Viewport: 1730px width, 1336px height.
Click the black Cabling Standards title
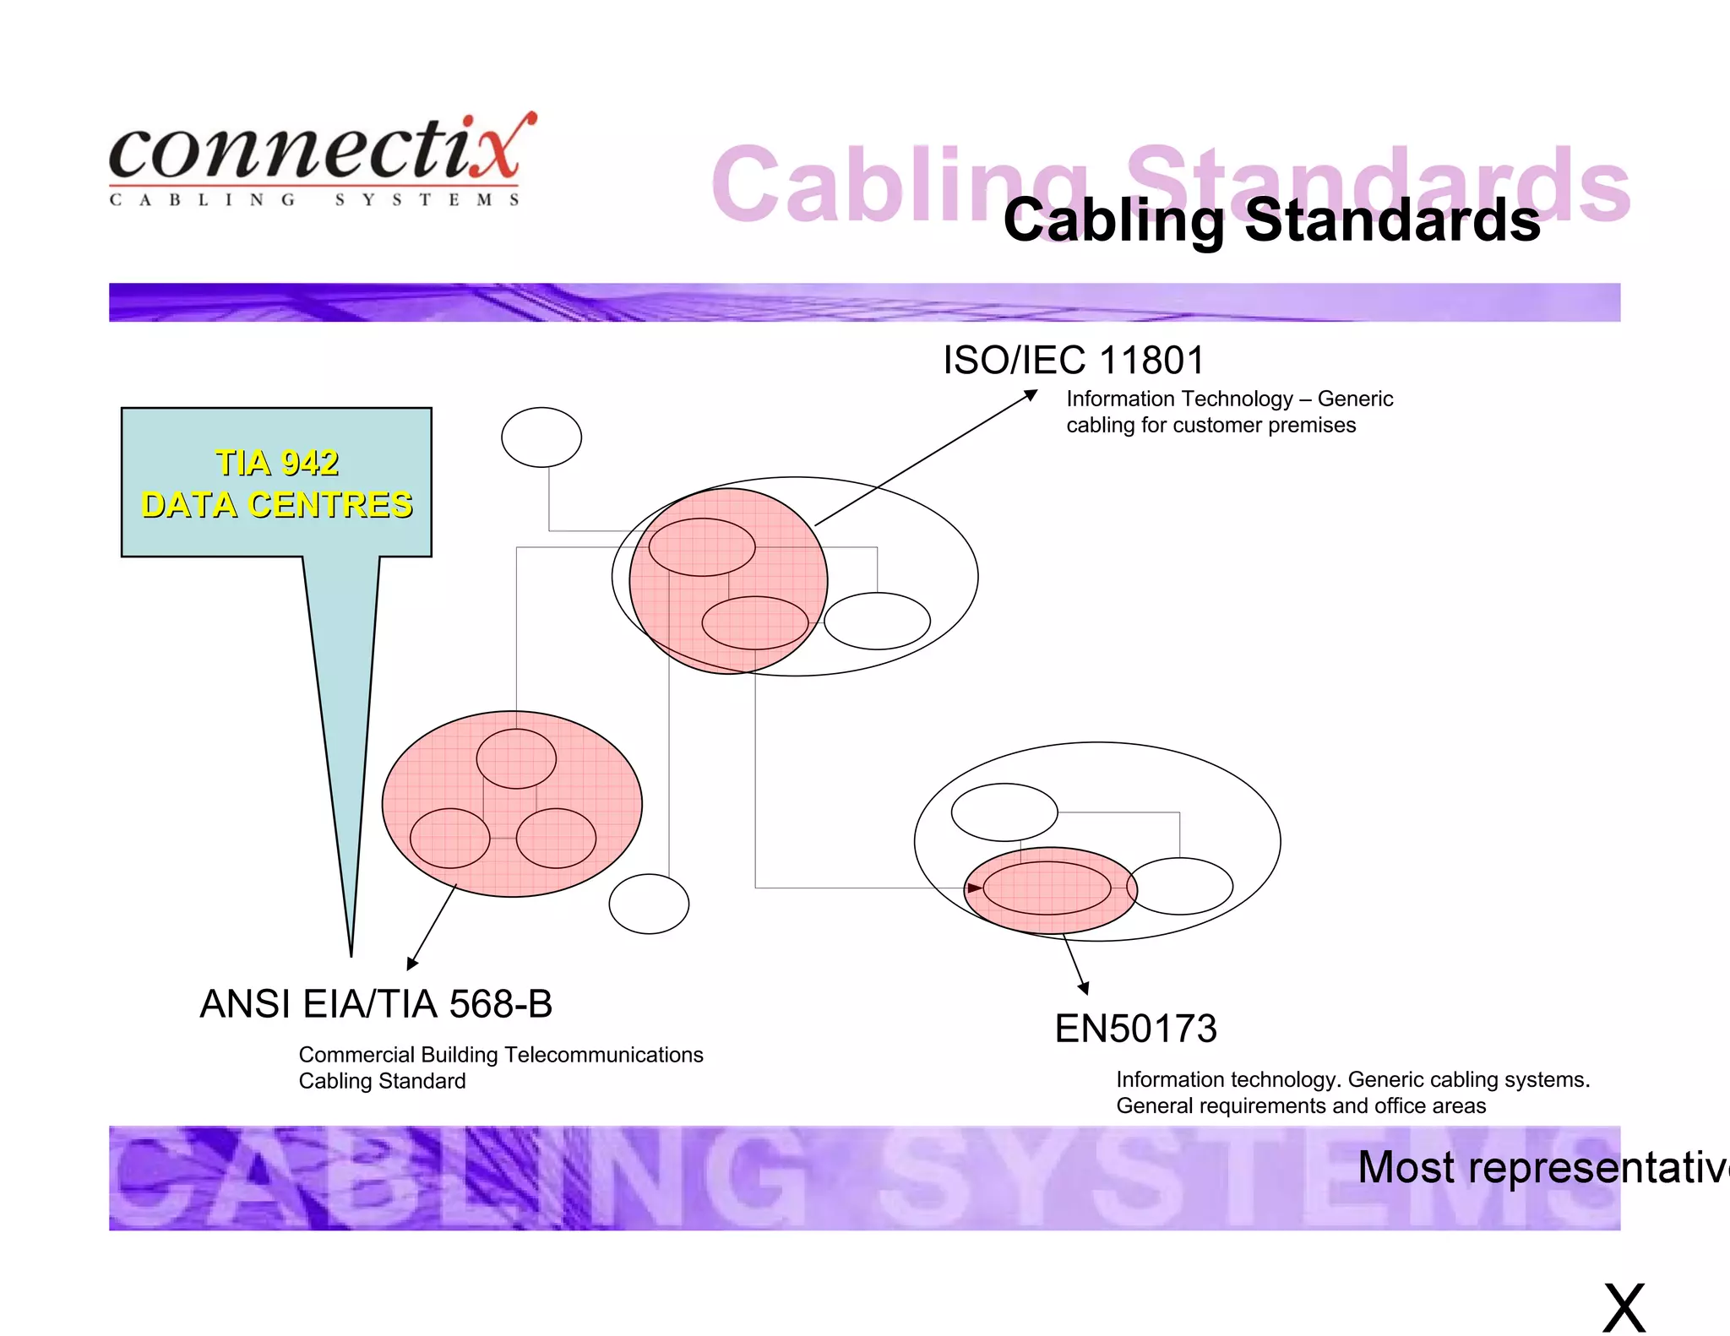[1271, 220]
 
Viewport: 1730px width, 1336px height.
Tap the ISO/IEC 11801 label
[1073, 361]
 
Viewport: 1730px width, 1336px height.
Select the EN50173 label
[1135, 1029]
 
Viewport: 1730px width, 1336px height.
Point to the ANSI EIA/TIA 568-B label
[376, 1004]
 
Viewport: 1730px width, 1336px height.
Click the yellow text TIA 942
[277, 463]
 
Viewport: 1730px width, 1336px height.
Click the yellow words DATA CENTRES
[277, 505]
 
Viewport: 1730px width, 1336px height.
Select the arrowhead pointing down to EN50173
[1084, 989]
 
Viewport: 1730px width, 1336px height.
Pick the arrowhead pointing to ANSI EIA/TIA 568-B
[411, 964]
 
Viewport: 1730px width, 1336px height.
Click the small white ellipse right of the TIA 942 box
[541, 437]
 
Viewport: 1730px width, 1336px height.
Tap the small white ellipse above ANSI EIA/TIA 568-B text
[649, 904]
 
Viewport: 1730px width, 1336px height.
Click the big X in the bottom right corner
[1624, 1307]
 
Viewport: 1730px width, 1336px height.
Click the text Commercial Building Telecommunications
[501, 1055]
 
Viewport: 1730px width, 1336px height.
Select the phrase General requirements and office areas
[1301, 1105]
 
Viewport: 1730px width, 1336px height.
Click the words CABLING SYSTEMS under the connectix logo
[314, 200]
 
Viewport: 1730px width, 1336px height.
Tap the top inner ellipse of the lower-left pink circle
[516, 758]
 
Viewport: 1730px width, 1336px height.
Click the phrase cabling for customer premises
[1210, 425]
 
